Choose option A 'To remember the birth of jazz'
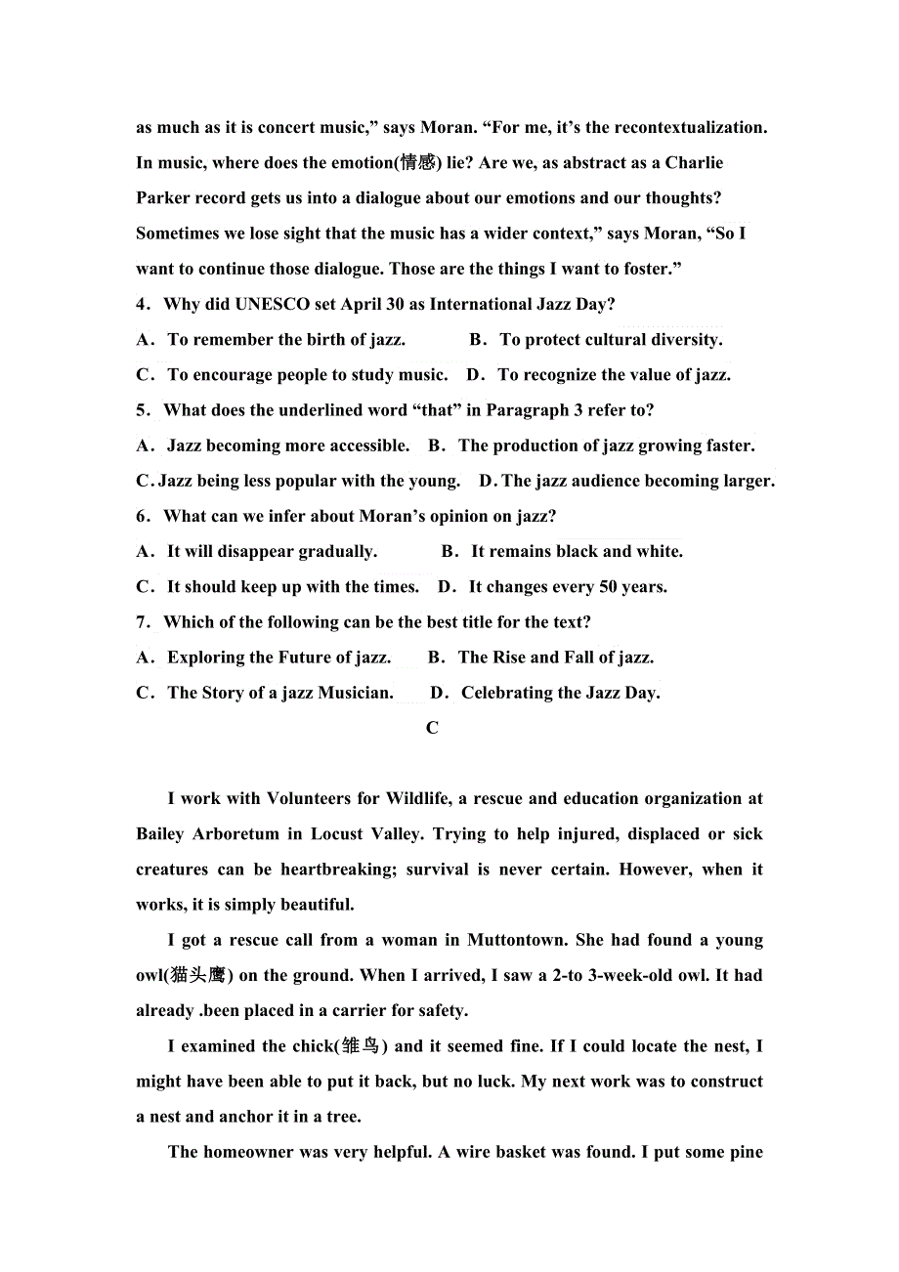286,339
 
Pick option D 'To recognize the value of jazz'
614,374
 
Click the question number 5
143,410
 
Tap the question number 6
143,516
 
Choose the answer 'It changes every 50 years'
568,586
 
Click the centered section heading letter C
432,728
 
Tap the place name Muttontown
516,940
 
